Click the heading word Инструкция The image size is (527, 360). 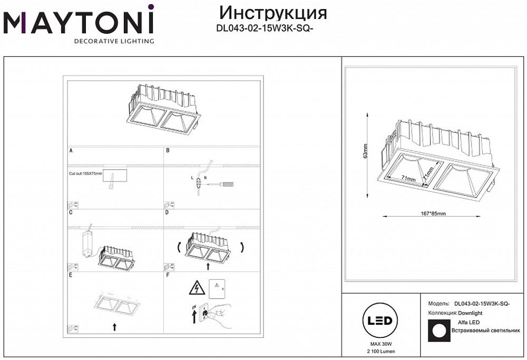coord(272,13)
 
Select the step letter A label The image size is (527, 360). coord(71,151)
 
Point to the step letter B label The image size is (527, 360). coord(168,151)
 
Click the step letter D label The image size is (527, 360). coord(168,213)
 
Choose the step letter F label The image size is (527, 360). coord(168,275)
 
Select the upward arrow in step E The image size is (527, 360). coord(114,327)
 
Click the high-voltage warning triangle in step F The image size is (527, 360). coord(196,288)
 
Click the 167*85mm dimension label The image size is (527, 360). coord(433,213)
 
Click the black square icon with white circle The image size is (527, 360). coord(436,330)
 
